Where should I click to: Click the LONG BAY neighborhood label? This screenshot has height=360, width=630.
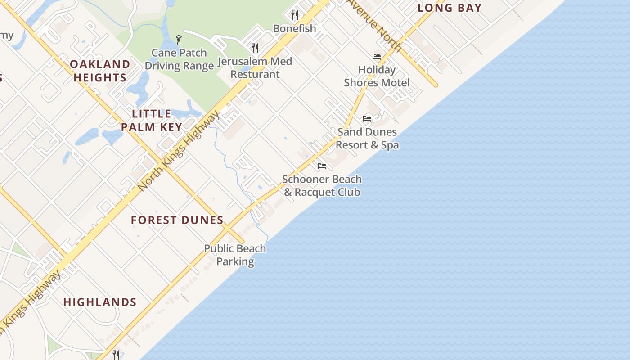click(450, 8)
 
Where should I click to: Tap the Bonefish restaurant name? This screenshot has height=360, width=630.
click(295, 28)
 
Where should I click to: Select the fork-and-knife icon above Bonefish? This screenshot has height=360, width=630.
click(295, 15)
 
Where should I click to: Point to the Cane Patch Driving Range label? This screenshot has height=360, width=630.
click(179, 59)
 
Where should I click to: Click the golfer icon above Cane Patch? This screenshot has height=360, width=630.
click(179, 40)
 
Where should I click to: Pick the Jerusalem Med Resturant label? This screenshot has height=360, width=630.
click(255, 67)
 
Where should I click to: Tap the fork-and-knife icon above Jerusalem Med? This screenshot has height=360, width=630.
click(255, 48)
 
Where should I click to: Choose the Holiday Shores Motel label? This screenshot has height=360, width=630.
click(377, 76)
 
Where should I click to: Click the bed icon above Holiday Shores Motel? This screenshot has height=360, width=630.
click(377, 57)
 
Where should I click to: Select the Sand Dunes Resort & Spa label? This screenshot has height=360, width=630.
click(367, 138)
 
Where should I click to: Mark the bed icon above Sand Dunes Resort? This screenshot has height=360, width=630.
click(367, 119)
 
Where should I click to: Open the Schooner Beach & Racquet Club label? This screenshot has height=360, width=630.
click(322, 185)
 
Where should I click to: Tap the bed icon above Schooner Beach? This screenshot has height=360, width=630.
click(322, 166)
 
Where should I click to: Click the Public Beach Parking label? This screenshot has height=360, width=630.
click(235, 255)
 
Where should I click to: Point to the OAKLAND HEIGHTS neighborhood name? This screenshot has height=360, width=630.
click(100, 71)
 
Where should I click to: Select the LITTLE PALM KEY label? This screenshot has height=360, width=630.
click(151, 120)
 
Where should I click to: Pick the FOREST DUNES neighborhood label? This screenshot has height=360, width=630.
click(177, 220)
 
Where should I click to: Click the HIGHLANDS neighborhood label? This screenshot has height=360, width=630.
click(100, 302)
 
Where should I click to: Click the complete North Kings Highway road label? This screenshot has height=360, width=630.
click(179, 150)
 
